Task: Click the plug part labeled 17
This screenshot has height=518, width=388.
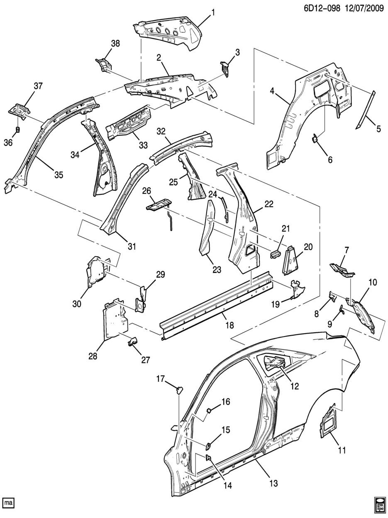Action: (180, 389)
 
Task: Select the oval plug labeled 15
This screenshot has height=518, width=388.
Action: (207, 446)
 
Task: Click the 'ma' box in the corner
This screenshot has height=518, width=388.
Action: (8, 503)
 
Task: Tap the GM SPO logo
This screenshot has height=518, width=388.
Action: (379, 503)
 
